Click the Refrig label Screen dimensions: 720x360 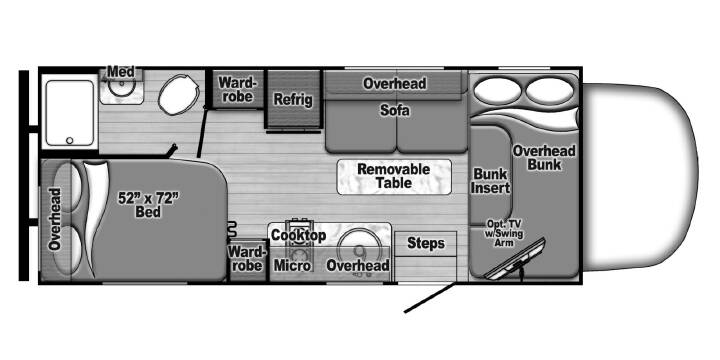293,99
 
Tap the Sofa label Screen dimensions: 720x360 395,110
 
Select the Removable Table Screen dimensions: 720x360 394,177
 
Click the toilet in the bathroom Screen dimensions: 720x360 179,94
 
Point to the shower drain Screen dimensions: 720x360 70,141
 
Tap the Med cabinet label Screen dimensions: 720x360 121,72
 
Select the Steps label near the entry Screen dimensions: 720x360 426,243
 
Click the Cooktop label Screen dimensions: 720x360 298,235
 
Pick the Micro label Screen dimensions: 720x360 292,265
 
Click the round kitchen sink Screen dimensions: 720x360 359,248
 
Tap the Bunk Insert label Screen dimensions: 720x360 491,180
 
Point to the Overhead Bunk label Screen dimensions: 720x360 544,158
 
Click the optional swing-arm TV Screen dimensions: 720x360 515,258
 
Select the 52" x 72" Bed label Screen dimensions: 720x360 148,205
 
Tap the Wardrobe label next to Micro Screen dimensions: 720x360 247,258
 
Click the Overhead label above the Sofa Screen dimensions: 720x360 394,84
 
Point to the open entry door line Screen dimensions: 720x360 430,298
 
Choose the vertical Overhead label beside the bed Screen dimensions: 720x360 56,219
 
